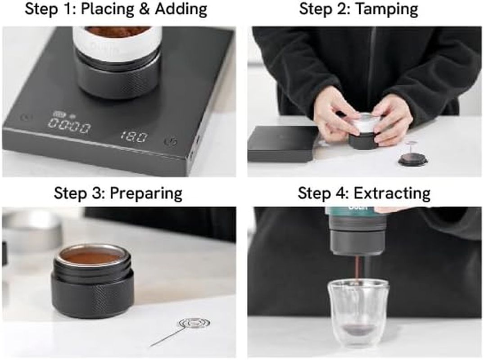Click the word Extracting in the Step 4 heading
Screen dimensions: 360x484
[392, 193]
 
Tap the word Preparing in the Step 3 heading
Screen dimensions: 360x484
[146, 193]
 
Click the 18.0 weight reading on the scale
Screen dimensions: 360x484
[133, 137]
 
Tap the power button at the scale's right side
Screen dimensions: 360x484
[170, 141]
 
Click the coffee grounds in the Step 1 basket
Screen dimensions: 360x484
[117, 31]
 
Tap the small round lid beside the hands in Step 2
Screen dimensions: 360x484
[412, 159]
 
